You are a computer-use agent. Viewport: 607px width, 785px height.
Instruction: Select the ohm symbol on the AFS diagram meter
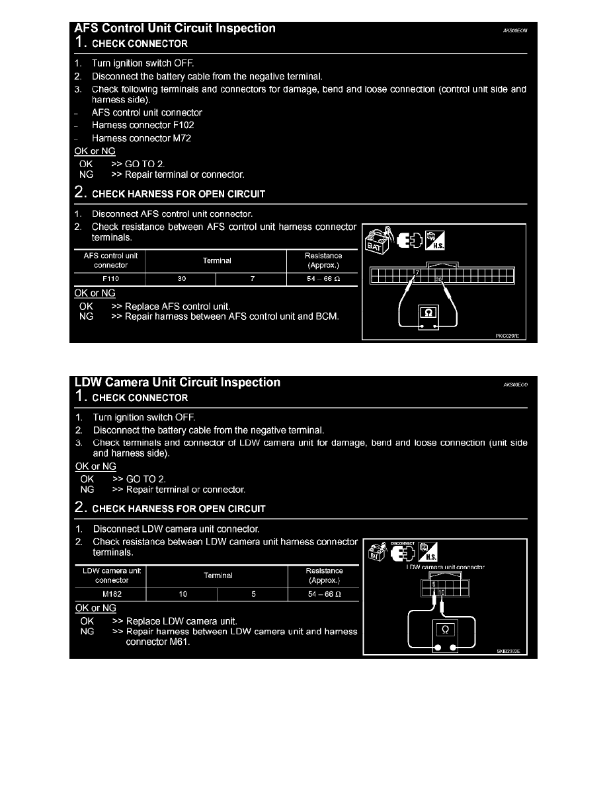(426, 313)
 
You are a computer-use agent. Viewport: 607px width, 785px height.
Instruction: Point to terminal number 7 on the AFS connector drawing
(417, 272)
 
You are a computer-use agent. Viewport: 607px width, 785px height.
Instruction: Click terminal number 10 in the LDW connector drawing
(441, 592)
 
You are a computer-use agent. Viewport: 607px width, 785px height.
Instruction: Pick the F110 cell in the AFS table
(110, 279)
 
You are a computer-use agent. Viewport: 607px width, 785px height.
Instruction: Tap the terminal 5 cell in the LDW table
(253, 594)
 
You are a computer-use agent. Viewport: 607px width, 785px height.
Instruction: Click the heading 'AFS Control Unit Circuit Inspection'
(175, 28)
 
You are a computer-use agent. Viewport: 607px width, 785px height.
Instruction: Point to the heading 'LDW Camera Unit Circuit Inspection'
(177, 383)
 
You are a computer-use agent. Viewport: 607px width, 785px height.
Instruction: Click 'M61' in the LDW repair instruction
(177, 642)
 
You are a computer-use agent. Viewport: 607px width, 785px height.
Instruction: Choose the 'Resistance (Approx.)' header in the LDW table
(324, 576)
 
